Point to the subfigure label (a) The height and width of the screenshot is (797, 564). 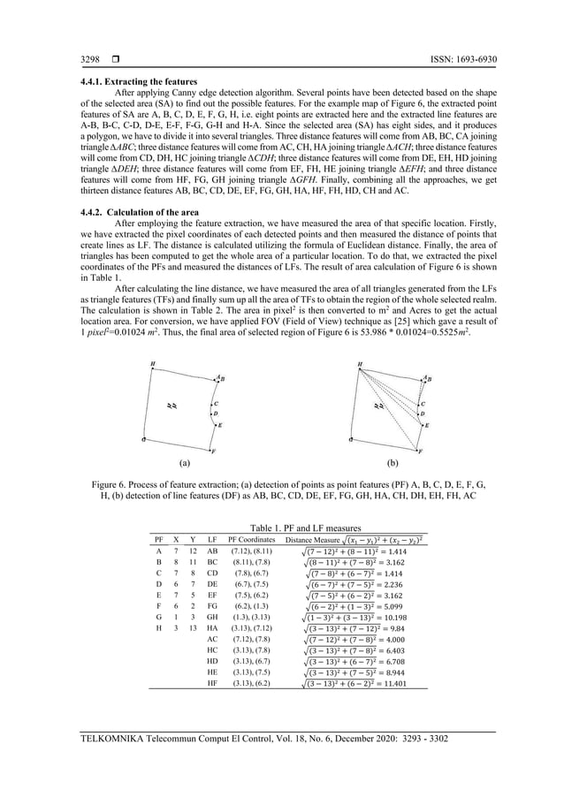pyautogui.click(x=184, y=460)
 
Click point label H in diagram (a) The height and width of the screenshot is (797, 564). pyautogui.click(x=152, y=364)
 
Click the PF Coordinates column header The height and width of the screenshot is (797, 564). pyautogui.click(x=248, y=538)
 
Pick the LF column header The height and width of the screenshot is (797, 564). pyautogui.click(x=212, y=538)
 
